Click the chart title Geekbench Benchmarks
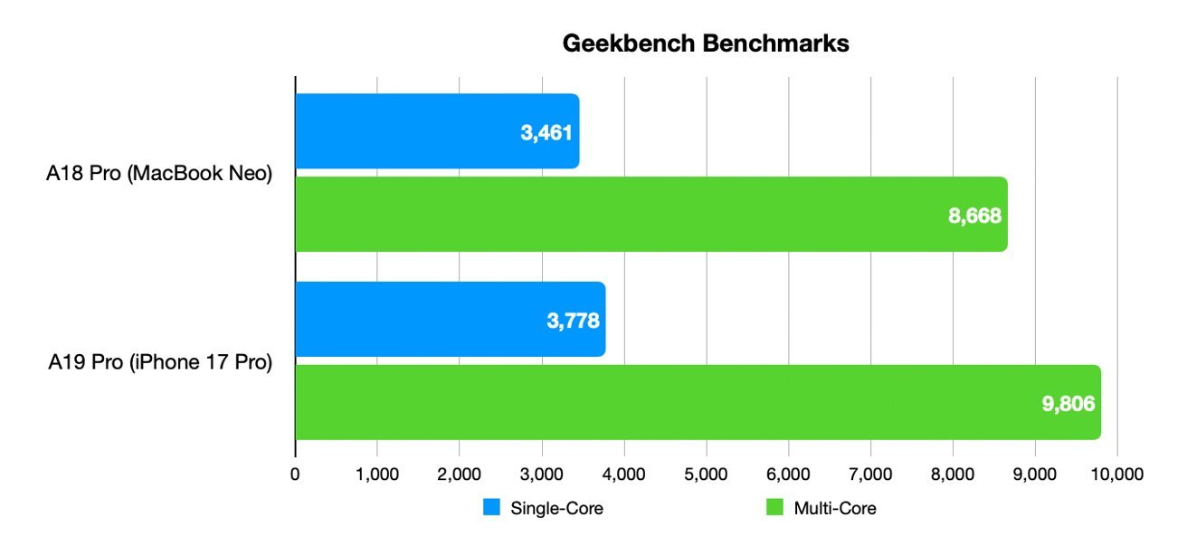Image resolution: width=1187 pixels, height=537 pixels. [x=706, y=43]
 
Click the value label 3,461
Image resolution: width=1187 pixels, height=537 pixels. [x=546, y=134]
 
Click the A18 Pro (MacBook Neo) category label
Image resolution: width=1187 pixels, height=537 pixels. [x=159, y=175]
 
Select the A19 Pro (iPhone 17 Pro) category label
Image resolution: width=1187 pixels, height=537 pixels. [x=159, y=364]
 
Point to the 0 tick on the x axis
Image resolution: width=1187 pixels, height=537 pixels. [x=295, y=473]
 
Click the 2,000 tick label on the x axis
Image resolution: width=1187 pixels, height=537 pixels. [x=459, y=473]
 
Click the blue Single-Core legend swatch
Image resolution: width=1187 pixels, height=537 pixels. [x=491, y=508]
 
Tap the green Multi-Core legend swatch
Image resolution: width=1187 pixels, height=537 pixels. [x=774, y=508]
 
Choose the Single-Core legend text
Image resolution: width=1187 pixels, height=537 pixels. [x=556, y=508]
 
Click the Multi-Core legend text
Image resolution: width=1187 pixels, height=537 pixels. [x=835, y=508]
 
